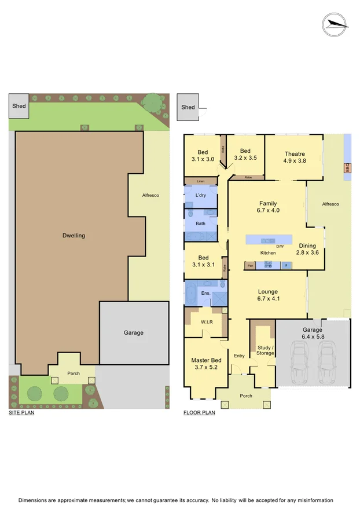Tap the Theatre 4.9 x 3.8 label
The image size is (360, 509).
(295, 158)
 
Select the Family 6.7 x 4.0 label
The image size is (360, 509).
(268, 207)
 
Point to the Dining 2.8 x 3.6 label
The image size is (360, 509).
(307, 249)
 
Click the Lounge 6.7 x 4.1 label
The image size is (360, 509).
(268, 295)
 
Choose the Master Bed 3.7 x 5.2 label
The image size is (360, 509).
(206, 364)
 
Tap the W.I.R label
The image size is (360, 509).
(208, 322)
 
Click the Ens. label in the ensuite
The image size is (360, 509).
(205, 294)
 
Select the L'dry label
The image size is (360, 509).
(201, 195)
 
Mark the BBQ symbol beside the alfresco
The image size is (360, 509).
(347, 168)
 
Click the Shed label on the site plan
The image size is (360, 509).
(19, 107)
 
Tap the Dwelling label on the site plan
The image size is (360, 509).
(74, 236)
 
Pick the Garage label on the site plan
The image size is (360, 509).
(133, 333)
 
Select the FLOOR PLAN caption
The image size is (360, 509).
(199, 413)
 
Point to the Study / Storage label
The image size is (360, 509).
(266, 350)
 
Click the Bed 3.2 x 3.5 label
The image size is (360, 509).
(245, 154)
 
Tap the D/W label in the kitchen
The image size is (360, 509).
(280, 247)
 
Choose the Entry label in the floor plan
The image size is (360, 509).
(239, 356)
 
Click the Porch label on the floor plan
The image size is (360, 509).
(246, 396)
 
